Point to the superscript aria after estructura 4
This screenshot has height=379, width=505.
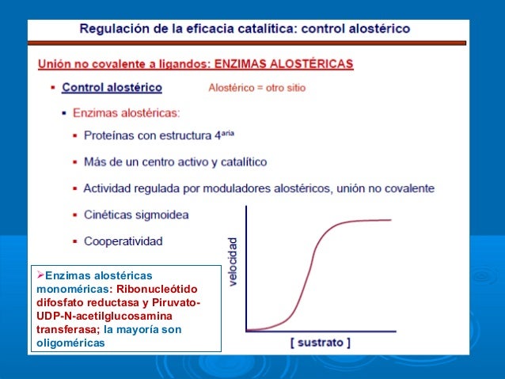pyautogui.click(x=225, y=133)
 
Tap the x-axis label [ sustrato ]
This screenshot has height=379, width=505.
pyautogui.click(x=321, y=343)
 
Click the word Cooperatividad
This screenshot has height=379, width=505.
pyautogui.click(x=124, y=241)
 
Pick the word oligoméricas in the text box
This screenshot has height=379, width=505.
pyautogui.click(x=70, y=343)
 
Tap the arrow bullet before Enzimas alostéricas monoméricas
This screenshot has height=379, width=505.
pyautogui.click(x=40, y=275)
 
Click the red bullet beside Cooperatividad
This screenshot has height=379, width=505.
pyautogui.click(x=74, y=241)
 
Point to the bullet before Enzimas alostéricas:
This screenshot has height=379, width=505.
pyautogui.click(x=63, y=113)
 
